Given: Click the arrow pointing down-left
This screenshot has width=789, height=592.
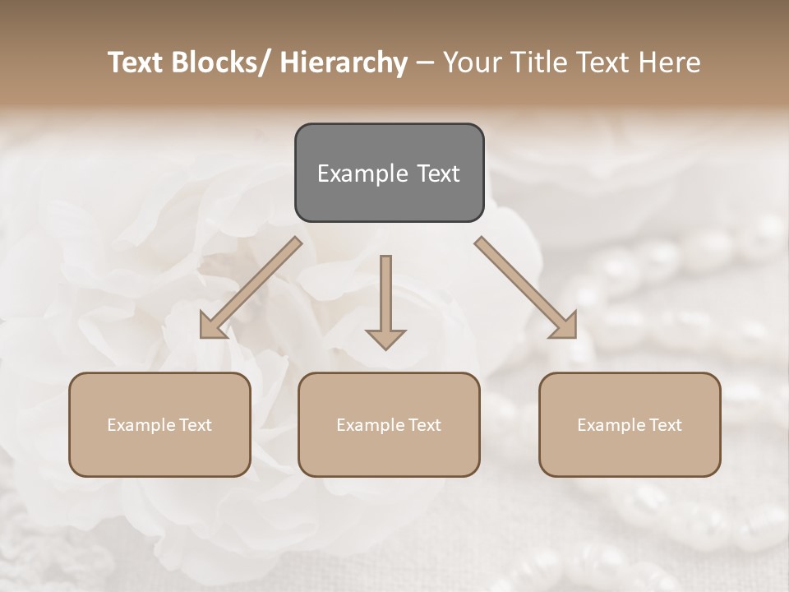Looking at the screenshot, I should click(x=250, y=288).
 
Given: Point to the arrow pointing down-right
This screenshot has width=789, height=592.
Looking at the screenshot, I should click(x=526, y=288).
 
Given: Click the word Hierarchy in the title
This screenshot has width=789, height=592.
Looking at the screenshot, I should click(x=344, y=62).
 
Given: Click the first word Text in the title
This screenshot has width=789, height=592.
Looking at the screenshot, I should click(x=136, y=62).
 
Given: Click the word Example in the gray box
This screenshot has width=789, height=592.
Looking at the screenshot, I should click(x=363, y=173).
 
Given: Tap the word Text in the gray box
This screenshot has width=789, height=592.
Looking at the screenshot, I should click(x=438, y=173).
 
